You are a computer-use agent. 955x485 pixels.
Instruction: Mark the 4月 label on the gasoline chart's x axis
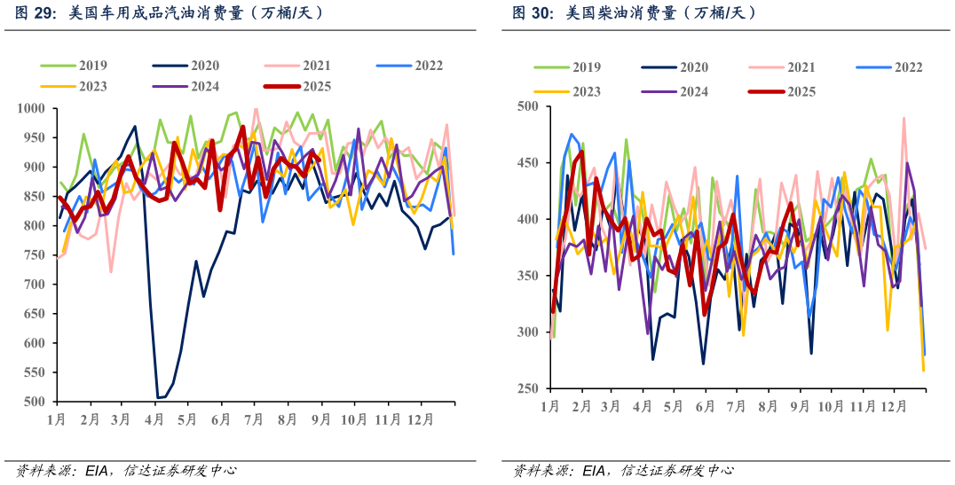156,418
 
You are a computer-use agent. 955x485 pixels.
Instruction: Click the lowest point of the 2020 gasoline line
159,398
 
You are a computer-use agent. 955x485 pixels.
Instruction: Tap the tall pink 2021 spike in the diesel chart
904,118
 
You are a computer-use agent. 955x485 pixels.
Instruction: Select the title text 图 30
531,13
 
